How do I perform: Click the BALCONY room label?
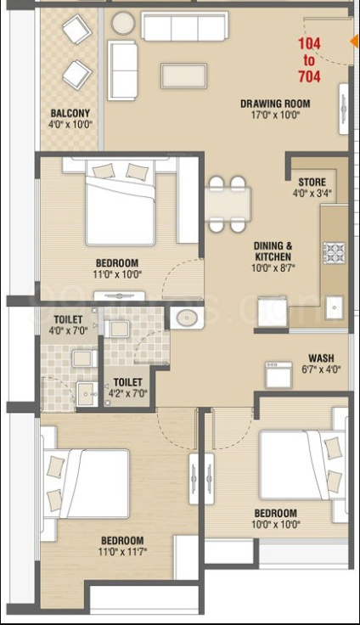[70, 113]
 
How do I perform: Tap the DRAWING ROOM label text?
[275, 104]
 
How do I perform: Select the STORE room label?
[312, 183]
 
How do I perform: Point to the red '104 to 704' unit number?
[309, 59]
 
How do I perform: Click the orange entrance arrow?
[353, 42]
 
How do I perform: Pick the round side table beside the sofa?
[123, 23]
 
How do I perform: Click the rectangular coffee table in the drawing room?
[183, 76]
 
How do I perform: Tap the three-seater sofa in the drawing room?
[184, 26]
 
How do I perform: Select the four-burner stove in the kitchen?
[334, 252]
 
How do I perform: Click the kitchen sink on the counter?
[334, 307]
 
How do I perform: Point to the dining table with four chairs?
[228, 204]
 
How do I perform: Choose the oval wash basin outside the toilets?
[187, 318]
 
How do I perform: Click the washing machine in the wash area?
[278, 374]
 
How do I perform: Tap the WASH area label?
[321, 358]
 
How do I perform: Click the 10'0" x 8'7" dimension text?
[273, 267]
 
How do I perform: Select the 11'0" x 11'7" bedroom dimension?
[122, 552]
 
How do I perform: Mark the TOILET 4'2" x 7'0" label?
[128, 388]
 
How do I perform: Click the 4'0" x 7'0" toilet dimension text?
[68, 330]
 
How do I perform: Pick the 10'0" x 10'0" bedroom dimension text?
[275, 524]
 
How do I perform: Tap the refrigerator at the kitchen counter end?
[273, 312]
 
